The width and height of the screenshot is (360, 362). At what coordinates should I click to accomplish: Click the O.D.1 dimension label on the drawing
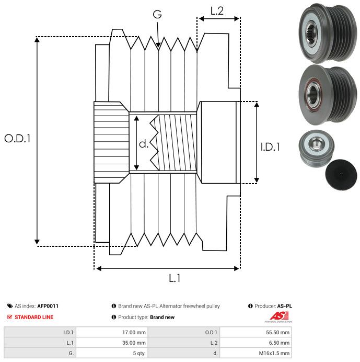click(18, 139)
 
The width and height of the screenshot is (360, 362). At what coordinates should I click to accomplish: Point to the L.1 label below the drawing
click(175, 279)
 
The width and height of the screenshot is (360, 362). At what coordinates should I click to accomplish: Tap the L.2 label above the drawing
click(217, 11)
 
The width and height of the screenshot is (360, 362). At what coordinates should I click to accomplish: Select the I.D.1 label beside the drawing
click(270, 148)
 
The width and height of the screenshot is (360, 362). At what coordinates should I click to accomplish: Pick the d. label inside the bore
click(144, 144)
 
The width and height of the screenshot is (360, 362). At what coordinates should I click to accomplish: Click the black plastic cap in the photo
click(341, 174)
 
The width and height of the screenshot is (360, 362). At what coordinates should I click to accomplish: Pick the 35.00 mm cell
click(134, 343)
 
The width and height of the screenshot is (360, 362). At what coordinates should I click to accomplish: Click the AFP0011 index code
click(48, 306)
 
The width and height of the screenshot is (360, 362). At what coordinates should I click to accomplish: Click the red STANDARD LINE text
click(33, 317)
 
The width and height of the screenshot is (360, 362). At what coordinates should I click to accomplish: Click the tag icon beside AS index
click(10, 306)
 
